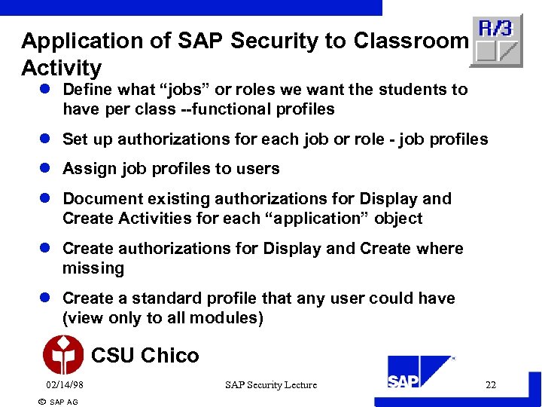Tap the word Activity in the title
[61, 68]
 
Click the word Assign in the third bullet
[87, 169]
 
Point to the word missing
[93, 268]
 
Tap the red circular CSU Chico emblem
[63, 355]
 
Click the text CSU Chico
[145, 355]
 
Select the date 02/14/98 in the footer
[65, 385]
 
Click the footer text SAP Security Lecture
[271, 385]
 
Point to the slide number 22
[491, 385]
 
